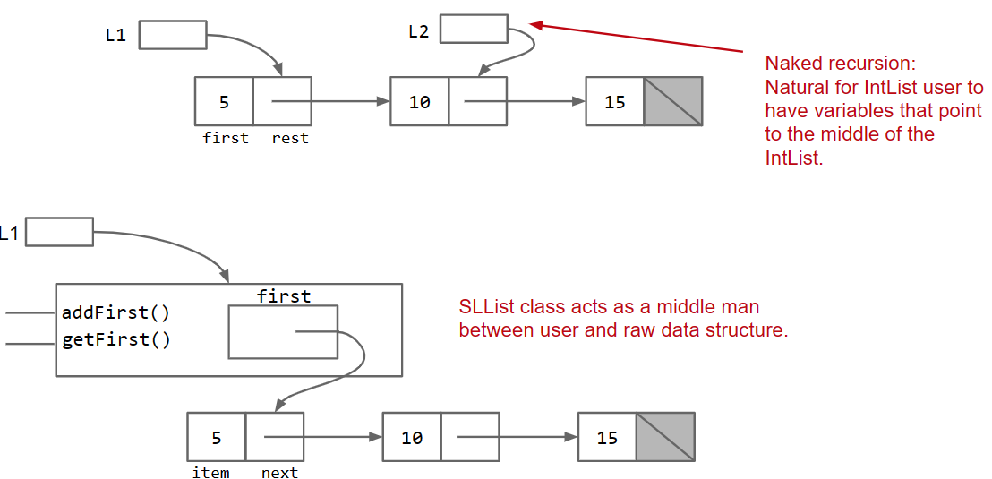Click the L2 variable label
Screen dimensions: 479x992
pyautogui.click(x=418, y=32)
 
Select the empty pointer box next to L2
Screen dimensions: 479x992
pyautogui.click(x=474, y=29)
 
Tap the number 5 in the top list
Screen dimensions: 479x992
pyautogui.click(x=224, y=102)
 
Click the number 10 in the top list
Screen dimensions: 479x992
pyautogui.click(x=419, y=102)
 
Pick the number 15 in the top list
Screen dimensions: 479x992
pyautogui.click(x=614, y=102)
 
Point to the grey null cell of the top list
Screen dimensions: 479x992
pyautogui.click(x=673, y=101)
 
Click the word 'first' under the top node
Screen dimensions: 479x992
pyautogui.click(x=226, y=138)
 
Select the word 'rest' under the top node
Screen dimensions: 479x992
pyautogui.click(x=290, y=138)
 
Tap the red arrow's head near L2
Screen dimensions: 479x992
pyautogui.click(x=535, y=25)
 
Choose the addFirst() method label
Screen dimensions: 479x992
pyautogui.click(x=115, y=313)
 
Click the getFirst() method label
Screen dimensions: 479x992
pyautogui.click(x=115, y=340)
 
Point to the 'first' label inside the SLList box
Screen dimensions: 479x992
pyautogui.click(x=284, y=295)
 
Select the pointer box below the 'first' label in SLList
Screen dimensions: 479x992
pyautogui.click(x=283, y=332)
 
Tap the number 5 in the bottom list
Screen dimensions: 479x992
pyautogui.click(x=216, y=438)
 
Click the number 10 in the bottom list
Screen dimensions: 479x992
pyautogui.click(x=412, y=438)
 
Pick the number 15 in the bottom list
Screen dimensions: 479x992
pyautogui.click(x=607, y=438)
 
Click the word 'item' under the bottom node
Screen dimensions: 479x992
pyautogui.click(x=210, y=473)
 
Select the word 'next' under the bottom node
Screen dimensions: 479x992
pyautogui.click(x=279, y=473)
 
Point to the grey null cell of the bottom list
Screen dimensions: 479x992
pyautogui.click(x=665, y=437)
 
